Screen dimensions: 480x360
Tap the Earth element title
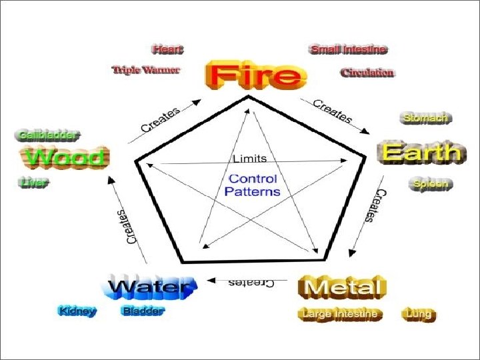[420, 153]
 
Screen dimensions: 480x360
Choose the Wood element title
[65, 158]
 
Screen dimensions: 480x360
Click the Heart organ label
[167, 49]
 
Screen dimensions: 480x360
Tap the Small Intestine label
[348, 49]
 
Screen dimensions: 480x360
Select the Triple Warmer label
[146, 69]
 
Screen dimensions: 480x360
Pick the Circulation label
[367, 72]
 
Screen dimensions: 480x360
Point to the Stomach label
[425, 118]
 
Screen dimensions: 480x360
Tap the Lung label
[418, 313]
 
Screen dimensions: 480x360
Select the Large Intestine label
[340, 313]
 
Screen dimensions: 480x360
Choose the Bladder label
[143, 311]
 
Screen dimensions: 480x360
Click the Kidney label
[77, 311]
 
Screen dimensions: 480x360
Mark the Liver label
[33, 182]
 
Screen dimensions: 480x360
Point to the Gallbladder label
[46, 135]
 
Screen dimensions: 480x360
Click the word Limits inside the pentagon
[249, 159]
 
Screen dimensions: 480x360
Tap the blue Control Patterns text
[253, 185]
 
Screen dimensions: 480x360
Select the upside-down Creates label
[251, 283]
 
